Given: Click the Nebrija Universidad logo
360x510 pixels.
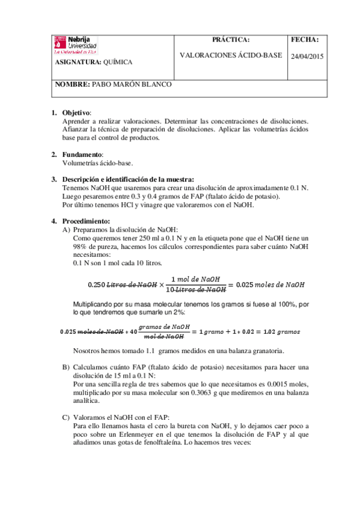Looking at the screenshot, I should click(x=76, y=45).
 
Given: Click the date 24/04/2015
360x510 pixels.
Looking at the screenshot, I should click(x=307, y=56).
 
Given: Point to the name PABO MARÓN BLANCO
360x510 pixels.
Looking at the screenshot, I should click(x=131, y=85).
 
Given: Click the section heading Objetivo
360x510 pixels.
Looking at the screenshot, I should click(x=76, y=113).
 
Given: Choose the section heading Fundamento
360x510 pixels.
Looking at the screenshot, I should click(x=82, y=155).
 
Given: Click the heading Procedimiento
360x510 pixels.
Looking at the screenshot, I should click(x=86, y=221).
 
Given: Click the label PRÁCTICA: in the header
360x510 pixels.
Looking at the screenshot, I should click(x=231, y=40).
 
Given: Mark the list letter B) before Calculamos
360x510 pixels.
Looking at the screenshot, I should click(x=66, y=367).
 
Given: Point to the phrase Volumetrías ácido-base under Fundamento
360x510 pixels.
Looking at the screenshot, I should click(x=98, y=163).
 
